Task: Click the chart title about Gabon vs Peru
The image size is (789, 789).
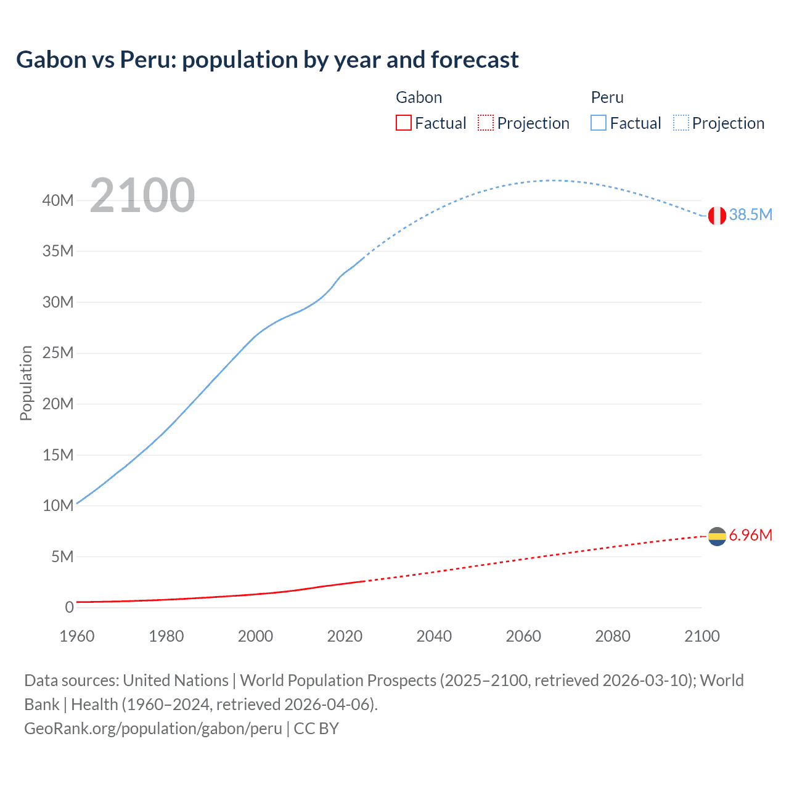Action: [267, 60]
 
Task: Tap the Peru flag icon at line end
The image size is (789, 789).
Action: [717, 216]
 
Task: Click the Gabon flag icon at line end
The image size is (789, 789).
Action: [717, 536]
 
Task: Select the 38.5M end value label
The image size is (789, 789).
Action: [750, 215]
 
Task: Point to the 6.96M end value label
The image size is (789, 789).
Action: [750, 535]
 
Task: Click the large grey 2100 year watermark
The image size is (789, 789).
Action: [142, 195]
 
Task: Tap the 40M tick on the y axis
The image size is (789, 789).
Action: [58, 200]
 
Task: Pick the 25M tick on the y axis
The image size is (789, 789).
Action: [58, 353]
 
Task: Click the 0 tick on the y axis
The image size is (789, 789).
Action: [69, 607]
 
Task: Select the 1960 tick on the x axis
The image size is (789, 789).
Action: [77, 636]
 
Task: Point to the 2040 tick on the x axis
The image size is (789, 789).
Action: [434, 636]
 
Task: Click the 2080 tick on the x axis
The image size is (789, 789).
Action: [613, 636]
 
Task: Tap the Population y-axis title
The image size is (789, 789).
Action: [26, 383]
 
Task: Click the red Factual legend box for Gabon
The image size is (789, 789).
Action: [404, 123]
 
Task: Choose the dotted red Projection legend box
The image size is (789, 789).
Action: [486, 123]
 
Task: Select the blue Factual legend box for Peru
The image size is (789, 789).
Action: [599, 123]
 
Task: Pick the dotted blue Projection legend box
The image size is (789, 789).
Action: [681, 123]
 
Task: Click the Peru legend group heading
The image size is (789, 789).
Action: [607, 97]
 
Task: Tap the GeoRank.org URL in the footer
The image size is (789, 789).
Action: [153, 729]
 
